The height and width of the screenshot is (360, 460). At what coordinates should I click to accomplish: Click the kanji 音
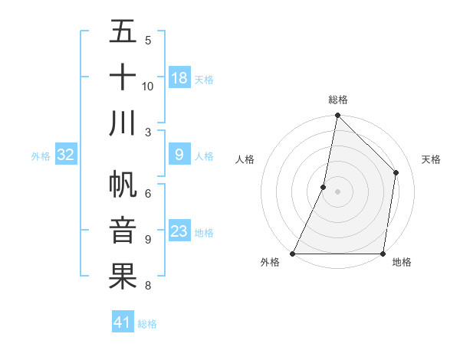[x=123, y=231]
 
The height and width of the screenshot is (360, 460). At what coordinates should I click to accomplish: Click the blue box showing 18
[x=179, y=78]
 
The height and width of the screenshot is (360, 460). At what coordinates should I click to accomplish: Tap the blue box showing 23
[x=179, y=232]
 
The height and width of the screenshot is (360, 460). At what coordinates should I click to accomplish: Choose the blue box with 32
[x=66, y=155]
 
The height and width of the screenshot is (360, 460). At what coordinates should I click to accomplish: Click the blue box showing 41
[x=123, y=322]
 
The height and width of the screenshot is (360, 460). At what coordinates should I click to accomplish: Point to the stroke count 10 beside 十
[x=148, y=86]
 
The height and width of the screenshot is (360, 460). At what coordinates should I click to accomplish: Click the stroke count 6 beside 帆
[x=148, y=193]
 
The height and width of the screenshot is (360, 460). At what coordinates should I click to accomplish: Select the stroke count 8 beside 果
[x=148, y=286]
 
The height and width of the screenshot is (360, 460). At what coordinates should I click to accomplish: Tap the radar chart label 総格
[x=337, y=100]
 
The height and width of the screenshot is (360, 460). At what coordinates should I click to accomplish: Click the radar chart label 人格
[x=245, y=159]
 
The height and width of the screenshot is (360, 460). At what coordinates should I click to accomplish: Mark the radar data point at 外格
[x=293, y=254]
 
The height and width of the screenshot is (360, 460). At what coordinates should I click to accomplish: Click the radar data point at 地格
[x=383, y=254]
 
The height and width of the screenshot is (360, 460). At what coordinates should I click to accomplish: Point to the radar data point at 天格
[x=396, y=172]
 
